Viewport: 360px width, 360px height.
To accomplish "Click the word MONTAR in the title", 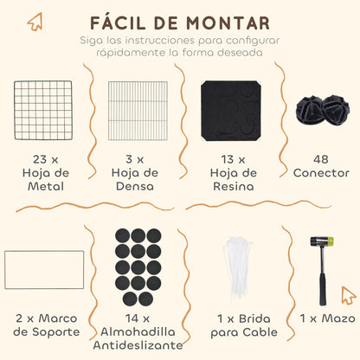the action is tap(228, 23).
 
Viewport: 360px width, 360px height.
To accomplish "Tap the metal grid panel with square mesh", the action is tap(43, 111).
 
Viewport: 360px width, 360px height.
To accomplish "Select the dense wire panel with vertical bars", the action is tap(138, 111).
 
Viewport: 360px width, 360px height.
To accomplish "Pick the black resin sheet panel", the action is tap(231, 111).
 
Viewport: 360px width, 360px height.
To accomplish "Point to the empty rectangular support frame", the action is tap(44, 251).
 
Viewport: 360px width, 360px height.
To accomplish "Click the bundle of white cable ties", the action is tap(237, 269).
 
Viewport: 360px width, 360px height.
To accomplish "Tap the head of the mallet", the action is tap(322, 241).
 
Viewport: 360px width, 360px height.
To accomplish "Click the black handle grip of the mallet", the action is tap(323, 288).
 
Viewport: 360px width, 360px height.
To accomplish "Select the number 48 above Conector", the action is tap(321, 159).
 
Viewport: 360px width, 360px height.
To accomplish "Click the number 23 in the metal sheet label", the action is tap(40, 159).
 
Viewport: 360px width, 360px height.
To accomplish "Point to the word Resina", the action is tap(234, 186).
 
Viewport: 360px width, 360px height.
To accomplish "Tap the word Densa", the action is tap(135, 186).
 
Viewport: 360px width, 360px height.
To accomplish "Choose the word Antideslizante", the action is tap(138, 345).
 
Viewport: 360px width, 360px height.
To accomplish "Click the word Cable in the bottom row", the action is tap(260, 332).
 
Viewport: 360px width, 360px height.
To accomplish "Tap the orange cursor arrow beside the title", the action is tap(35, 22).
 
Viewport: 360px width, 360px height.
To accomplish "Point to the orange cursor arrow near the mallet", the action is tap(348, 295).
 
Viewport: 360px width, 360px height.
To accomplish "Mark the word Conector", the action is tap(321, 173).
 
